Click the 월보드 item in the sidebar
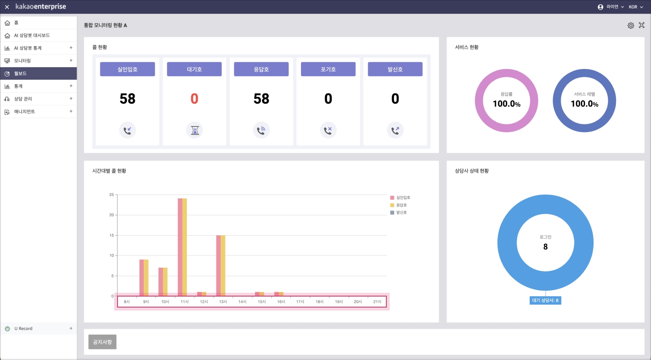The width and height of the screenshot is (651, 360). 20,74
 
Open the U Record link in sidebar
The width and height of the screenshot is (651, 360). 24,329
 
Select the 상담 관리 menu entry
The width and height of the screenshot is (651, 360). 23,99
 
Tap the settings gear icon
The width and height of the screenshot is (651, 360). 631,25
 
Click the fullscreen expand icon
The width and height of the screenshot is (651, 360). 642,25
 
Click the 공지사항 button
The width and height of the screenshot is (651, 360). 102,342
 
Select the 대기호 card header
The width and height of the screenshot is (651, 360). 194,69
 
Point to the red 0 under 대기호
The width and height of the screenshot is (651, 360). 194,99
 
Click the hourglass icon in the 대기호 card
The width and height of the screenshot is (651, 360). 194,130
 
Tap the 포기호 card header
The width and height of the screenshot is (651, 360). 328,69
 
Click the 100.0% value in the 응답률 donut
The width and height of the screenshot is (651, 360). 506,104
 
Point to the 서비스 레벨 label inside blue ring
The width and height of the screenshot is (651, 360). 584,94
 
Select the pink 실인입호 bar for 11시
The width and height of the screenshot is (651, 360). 180,247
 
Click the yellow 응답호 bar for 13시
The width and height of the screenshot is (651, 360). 223,266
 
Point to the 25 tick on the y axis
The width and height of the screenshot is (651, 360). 112,195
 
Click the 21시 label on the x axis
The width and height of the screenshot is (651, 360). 377,302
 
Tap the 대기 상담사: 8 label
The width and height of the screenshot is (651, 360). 545,301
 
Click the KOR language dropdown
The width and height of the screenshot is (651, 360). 635,7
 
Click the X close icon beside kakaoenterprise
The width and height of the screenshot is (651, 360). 7,7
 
